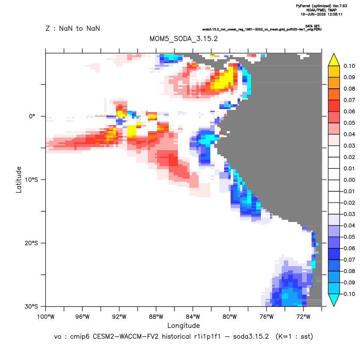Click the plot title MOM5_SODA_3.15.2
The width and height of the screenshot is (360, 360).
click(x=183, y=39)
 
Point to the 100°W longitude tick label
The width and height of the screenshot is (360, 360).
click(x=46, y=317)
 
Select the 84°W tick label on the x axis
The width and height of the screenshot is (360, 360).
click(x=193, y=317)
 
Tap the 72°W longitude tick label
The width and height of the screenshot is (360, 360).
click(x=303, y=317)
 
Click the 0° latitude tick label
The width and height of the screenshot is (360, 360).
click(x=32, y=116)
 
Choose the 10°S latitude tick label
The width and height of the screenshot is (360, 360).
click(x=31, y=180)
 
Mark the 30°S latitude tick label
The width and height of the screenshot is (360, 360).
click(x=31, y=306)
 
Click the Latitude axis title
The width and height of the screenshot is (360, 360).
click(x=19, y=180)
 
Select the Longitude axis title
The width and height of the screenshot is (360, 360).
click(x=183, y=325)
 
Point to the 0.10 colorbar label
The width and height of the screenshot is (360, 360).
click(x=349, y=66)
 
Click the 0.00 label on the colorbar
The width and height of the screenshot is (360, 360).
click(x=349, y=180)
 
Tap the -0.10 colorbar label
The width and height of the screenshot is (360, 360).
click(x=348, y=294)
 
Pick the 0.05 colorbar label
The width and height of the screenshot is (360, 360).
click(x=349, y=123)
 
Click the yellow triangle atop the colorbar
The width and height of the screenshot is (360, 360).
click(x=334, y=60)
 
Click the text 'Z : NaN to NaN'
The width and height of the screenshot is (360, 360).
click(x=73, y=29)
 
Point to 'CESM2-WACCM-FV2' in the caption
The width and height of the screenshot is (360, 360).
click(x=125, y=337)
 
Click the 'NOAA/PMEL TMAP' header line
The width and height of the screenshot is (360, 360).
click(x=321, y=10)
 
